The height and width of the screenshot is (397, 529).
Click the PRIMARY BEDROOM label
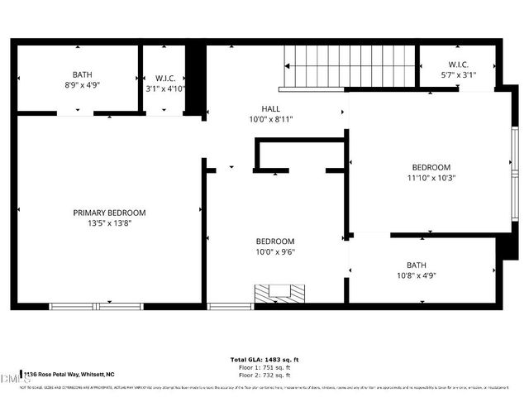(x=109, y=213)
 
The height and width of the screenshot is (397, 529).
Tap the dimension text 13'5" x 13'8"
(x=109, y=223)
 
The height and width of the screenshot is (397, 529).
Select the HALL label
(x=271, y=108)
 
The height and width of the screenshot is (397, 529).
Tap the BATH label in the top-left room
(x=82, y=74)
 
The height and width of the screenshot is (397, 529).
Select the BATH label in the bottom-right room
(x=416, y=265)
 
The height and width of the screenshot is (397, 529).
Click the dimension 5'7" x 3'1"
(x=459, y=74)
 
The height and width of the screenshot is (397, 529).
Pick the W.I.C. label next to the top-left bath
(x=164, y=79)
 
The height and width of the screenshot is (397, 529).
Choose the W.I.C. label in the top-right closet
(x=459, y=64)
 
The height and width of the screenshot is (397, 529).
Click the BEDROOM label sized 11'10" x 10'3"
(x=431, y=166)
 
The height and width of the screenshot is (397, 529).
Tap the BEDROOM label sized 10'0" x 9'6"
(x=274, y=242)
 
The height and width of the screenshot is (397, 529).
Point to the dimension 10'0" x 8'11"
(x=271, y=119)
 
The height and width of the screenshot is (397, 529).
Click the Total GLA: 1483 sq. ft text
(x=264, y=360)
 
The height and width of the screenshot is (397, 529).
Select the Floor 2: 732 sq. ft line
(x=264, y=375)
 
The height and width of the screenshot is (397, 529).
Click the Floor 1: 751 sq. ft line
(x=264, y=368)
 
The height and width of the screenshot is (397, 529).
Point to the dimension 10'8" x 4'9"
(x=416, y=275)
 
